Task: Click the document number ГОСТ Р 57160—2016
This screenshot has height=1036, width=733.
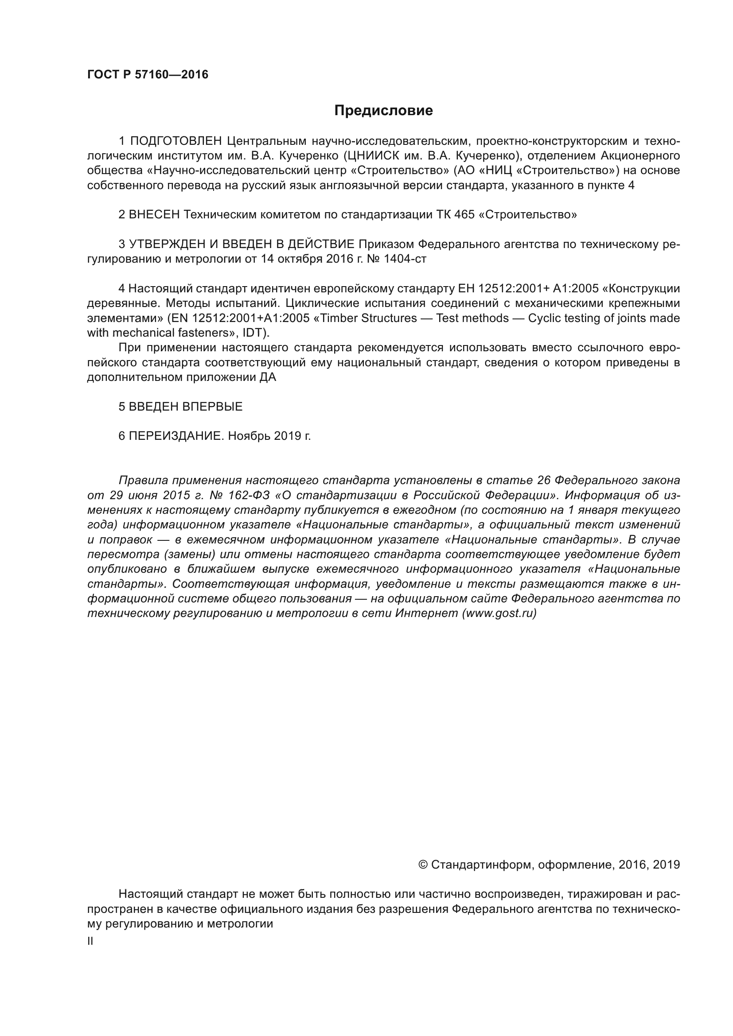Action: (148, 74)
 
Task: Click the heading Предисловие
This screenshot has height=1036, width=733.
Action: (383, 111)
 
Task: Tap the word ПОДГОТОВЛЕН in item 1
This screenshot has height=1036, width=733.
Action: (176, 141)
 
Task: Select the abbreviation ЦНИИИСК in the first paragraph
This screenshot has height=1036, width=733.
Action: (370, 156)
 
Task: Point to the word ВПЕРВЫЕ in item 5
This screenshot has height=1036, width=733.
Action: (213, 407)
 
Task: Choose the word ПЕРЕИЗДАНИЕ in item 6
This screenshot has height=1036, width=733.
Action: (176, 436)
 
